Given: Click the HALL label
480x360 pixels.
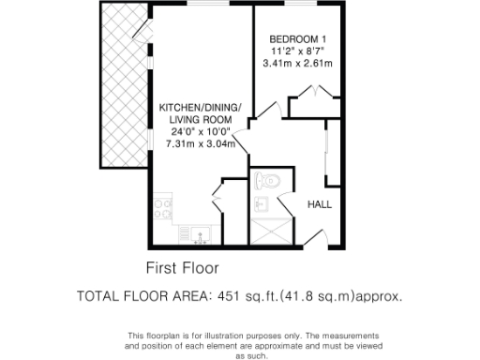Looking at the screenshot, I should click(320, 204).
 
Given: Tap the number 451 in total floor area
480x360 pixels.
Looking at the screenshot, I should click(230, 296).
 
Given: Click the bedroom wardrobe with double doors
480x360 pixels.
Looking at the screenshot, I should click(313, 102).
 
